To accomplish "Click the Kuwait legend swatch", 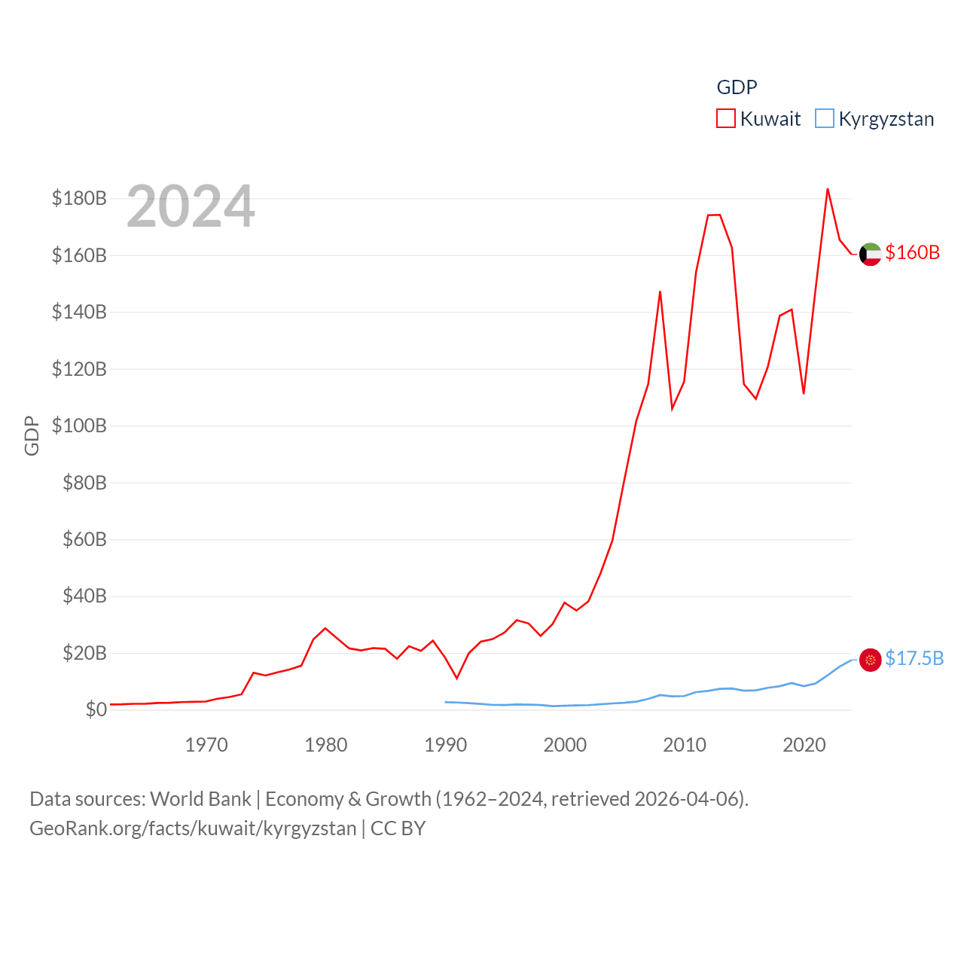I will click(725, 119).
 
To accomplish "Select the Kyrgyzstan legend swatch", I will click(825, 119).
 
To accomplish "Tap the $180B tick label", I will click(79, 198).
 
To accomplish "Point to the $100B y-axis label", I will click(79, 426).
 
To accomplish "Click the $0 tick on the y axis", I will click(96, 709).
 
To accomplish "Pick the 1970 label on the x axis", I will click(206, 745).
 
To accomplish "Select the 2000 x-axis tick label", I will click(565, 745).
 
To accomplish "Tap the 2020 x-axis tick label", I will click(804, 745).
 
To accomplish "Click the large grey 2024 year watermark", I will click(191, 206).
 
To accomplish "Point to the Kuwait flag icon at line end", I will click(870, 255).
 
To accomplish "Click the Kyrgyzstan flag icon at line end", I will click(870, 660).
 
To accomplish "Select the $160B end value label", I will click(912, 252).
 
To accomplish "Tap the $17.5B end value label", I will click(914, 658).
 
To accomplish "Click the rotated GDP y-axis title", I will click(32, 435).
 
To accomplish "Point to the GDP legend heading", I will click(737, 87).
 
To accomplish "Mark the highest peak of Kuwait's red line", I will click(828, 189).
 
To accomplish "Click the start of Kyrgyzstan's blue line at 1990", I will click(445, 702).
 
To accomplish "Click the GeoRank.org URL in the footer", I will click(193, 828).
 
